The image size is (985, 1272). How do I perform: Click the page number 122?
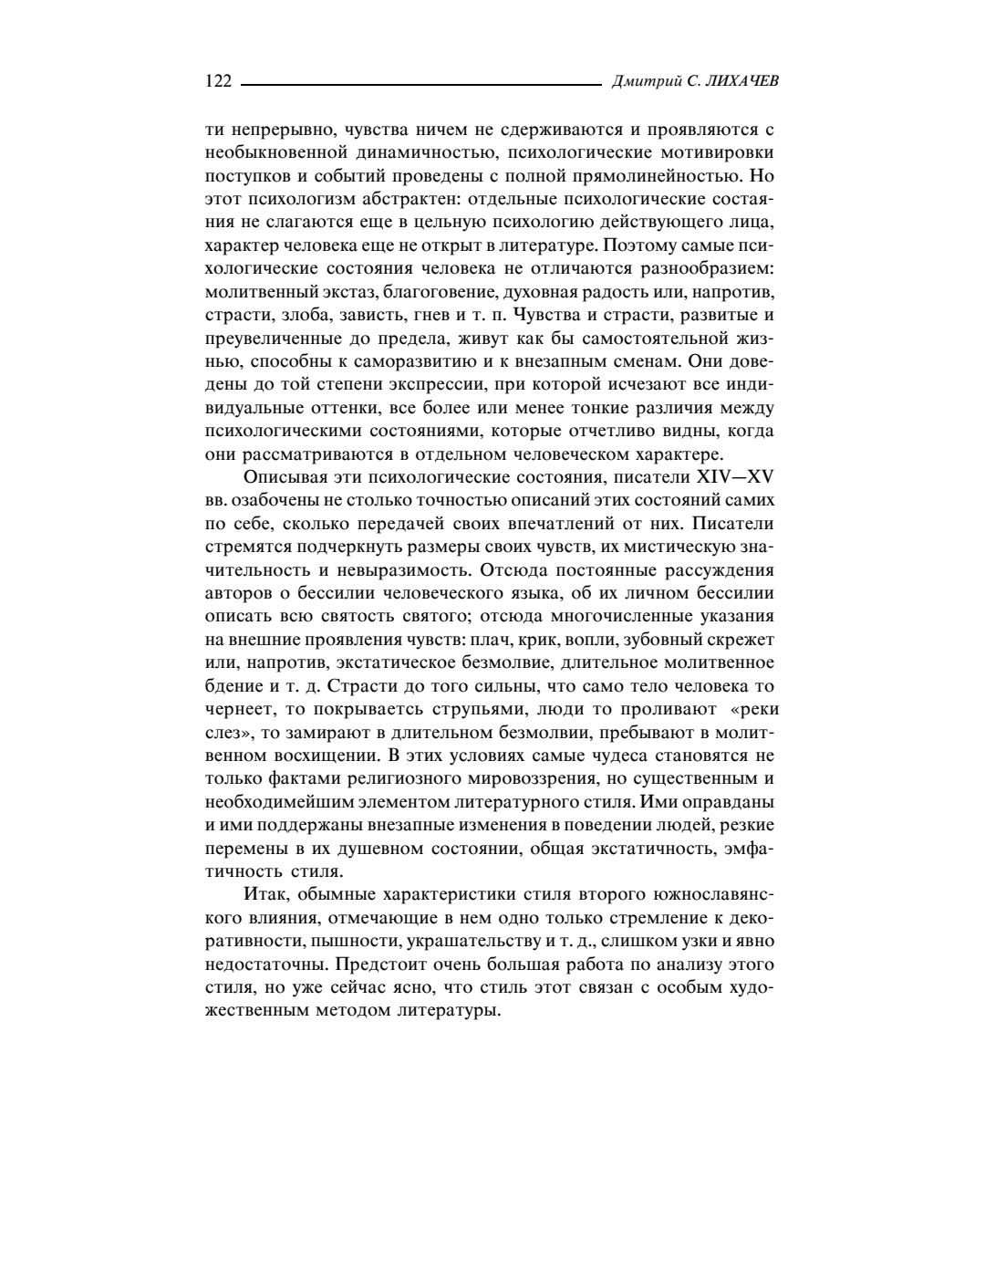click(219, 81)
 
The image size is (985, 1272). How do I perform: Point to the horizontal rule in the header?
click(420, 84)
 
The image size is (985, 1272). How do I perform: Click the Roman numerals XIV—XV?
click(735, 477)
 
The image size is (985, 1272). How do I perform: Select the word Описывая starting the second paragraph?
click(283, 477)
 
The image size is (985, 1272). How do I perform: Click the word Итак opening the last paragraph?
click(264, 895)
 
